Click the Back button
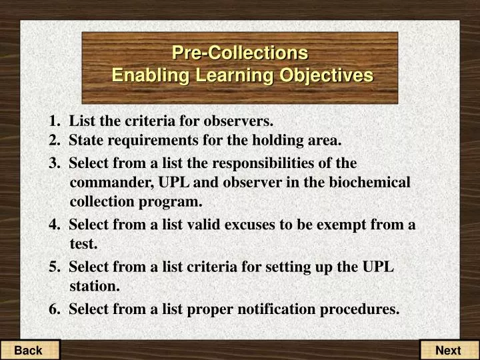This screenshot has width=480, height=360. [x=29, y=350]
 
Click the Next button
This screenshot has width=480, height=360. [x=448, y=350]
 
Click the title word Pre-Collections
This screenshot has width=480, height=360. [x=240, y=52]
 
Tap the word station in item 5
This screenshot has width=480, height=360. [x=93, y=287]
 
